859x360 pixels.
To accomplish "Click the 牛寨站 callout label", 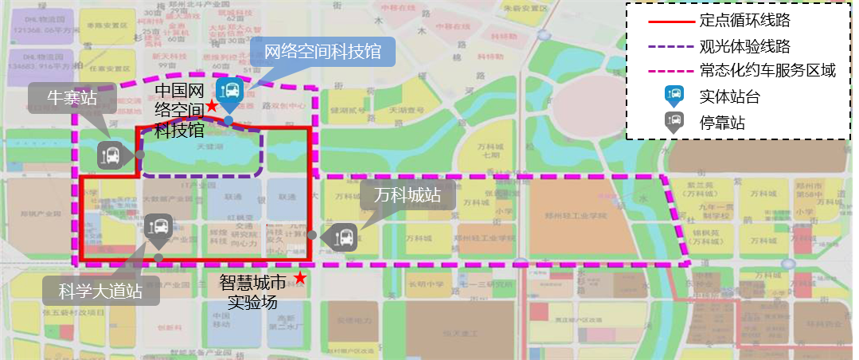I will click(x=72, y=98).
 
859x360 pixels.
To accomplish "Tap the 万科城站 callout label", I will click(x=407, y=195).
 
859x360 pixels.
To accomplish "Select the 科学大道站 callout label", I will click(x=100, y=291).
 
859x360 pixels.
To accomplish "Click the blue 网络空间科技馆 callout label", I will click(x=322, y=53).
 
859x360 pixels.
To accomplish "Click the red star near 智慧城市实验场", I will click(x=300, y=277).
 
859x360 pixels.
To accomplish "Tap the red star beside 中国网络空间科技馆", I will click(x=212, y=105).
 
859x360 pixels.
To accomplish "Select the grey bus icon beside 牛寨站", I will click(x=111, y=155).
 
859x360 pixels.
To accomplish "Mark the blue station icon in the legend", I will click(x=674, y=96).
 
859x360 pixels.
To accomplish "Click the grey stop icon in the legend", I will click(x=674, y=122).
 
